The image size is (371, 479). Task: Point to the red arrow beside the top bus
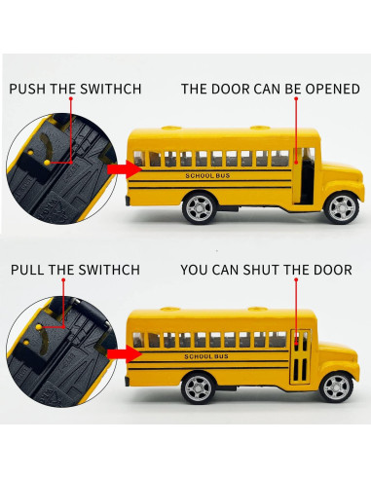[x=125, y=169]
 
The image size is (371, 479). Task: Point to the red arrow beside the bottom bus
[x=125, y=353]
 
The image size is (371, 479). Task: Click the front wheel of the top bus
[x=342, y=208]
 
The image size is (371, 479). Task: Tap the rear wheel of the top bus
[x=200, y=208]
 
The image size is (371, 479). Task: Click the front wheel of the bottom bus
[x=337, y=387]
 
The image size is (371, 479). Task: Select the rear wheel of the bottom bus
[x=198, y=387]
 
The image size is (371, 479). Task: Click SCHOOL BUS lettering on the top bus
[x=207, y=176]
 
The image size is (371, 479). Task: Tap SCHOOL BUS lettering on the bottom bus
[x=206, y=356]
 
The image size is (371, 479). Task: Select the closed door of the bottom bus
[x=300, y=356]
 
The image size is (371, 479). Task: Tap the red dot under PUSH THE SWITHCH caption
[x=70, y=98]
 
